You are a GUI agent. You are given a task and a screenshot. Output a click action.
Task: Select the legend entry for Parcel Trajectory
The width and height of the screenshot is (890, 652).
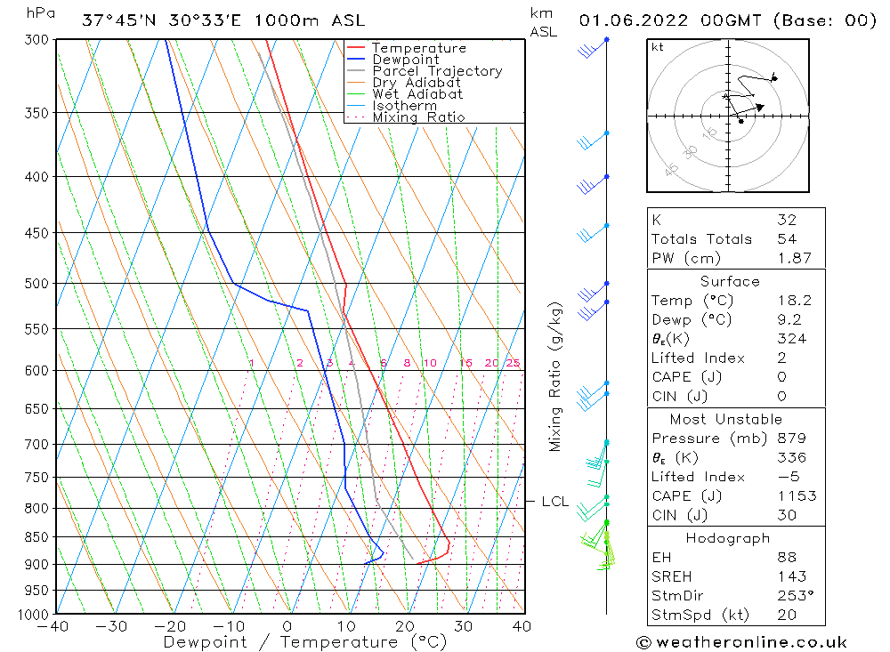pos(436,71)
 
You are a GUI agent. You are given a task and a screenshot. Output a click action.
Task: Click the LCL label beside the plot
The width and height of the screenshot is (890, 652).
pos(554,502)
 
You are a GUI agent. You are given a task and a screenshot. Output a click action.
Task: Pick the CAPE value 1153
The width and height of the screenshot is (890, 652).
pos(796,496)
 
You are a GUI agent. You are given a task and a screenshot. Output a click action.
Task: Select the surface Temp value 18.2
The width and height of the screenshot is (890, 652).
pos(794,301)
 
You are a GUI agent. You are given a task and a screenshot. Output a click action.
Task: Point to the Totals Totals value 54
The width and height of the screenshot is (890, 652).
pos(786,238)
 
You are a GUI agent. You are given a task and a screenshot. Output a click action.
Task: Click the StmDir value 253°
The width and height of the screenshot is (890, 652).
pos(794,595)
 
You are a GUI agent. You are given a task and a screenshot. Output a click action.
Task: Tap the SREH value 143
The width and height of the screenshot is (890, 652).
pos(789,576)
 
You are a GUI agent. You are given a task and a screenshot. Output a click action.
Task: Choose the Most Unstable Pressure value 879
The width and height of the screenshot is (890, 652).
pos(790,439)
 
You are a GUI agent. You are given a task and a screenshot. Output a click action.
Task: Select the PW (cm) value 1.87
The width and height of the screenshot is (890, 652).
pos(794,258)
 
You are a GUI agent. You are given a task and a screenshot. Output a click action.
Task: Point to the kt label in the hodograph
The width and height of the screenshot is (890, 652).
pos(658,47)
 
